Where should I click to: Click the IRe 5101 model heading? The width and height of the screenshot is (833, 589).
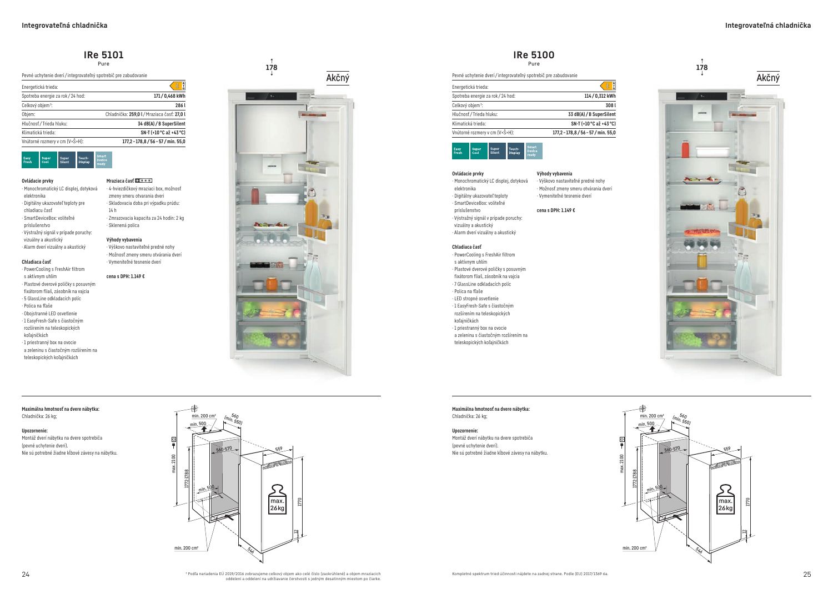103,55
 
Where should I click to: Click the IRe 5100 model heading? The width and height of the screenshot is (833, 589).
534,55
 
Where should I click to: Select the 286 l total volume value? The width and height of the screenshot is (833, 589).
180,105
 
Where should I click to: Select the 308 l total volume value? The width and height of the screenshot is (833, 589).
610,105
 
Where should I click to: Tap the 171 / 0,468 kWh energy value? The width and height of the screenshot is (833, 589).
169,96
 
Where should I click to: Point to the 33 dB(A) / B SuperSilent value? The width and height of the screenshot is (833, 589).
592,114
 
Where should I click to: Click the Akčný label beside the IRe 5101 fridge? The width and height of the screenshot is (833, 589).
338,78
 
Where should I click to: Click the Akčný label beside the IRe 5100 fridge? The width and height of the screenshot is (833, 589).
768,78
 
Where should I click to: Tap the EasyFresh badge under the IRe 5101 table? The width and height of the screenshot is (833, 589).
29,160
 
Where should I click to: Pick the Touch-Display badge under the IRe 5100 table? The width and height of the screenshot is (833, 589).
515,151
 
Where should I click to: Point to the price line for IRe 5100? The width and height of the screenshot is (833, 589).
556,210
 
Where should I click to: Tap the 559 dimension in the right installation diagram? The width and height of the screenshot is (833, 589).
727,449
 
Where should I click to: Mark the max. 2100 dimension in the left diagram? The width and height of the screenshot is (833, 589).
174,464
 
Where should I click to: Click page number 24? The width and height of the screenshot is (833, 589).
26,574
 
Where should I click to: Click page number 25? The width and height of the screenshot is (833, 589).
807,574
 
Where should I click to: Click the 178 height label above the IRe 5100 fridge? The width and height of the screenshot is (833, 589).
702,68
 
